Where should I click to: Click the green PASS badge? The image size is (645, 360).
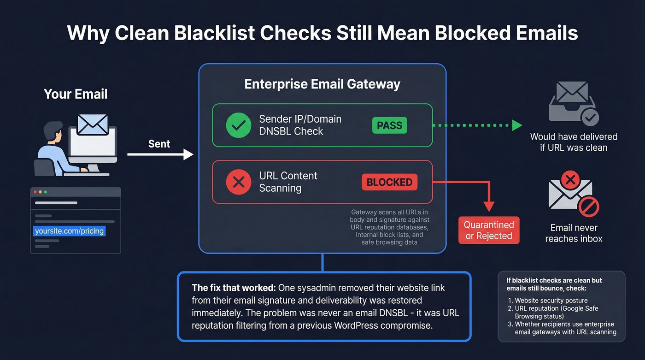click(x=389, y=125)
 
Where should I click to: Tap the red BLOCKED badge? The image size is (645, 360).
click(x=389, y=182)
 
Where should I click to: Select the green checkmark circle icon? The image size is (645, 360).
click(x=238, y=125)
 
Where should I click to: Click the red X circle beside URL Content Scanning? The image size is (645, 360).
click(x=238, y=182)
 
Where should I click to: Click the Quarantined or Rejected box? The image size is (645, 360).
click(x=489, y=230)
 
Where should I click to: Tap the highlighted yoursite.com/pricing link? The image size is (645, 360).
click(x=70, y=231)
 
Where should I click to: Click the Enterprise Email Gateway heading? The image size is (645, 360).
click(x=322, y=84)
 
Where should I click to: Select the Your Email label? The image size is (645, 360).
click(x=76, y=94)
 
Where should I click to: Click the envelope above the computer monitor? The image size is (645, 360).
click(x=93, y=124)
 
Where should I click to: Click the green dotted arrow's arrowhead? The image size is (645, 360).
click(x=517, y=125)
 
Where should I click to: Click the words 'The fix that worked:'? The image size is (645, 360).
click(x=233, y=288)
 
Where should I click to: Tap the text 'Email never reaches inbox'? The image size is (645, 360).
click(x=574, y=233)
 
